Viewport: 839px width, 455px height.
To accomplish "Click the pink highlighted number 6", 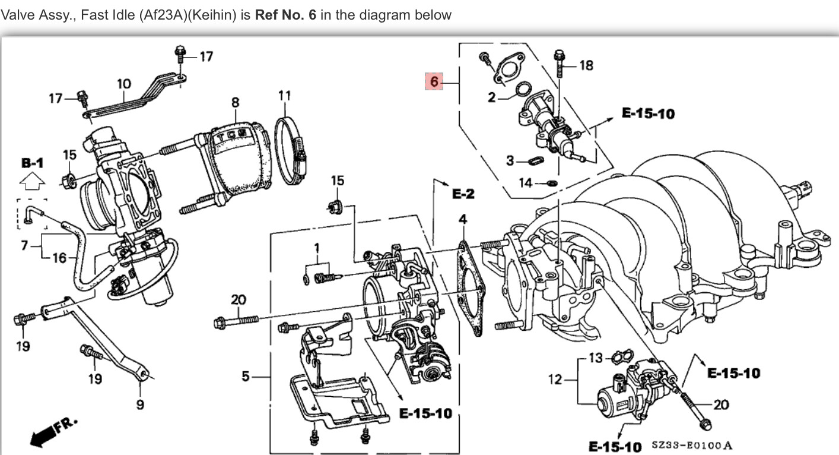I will (x=434, y=81).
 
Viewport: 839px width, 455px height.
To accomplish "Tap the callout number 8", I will (x=235, y=102).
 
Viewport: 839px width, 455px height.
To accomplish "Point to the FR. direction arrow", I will (x=53, y=431).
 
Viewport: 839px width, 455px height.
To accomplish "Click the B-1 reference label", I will (x=32, y=162).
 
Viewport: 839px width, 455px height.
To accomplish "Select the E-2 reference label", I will (x=464, y=194).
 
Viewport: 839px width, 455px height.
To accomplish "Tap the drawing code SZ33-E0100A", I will (x=692, y=445).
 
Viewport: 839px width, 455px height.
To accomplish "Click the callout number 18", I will (x=586, y=65).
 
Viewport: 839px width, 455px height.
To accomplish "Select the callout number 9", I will (x=140, y=403).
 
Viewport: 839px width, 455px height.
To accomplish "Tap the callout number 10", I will (x=123, y=84).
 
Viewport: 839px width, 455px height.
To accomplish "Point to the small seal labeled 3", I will (x=535, y=160).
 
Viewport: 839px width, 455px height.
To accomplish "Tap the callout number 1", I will (x=317, y=246).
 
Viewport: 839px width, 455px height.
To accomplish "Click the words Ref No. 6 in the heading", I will (x=285, y=15).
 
